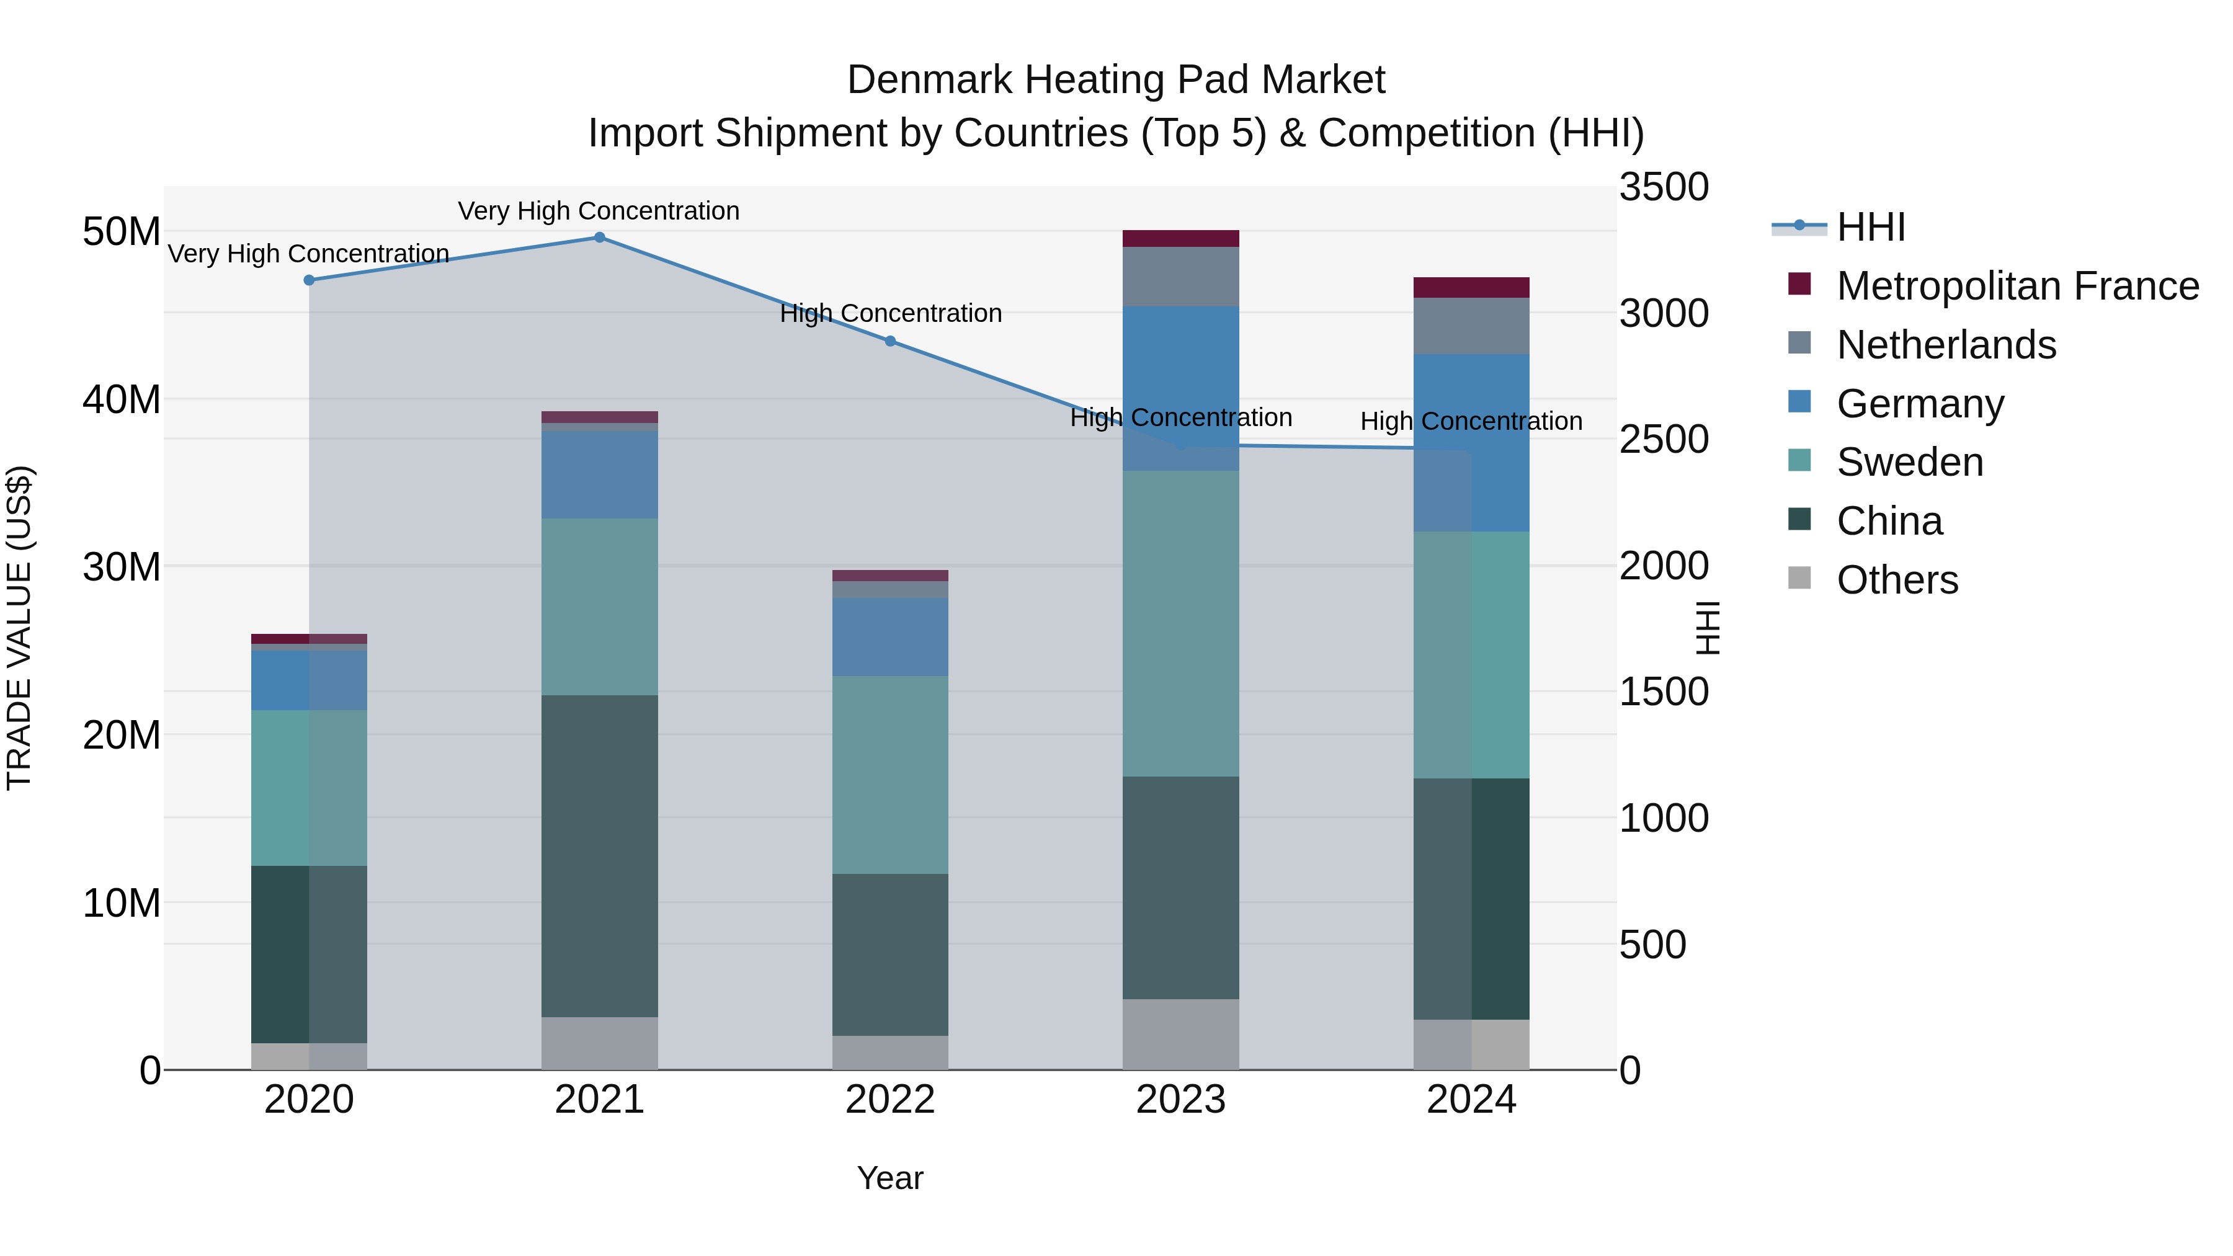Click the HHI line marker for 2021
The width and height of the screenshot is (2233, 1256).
(x=599, y=238)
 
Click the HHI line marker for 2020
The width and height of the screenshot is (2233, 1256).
(x=309, y=280)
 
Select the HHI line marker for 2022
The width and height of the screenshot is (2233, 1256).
(x=889, y=342)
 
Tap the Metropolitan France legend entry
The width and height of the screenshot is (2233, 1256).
(x=2017, y=286)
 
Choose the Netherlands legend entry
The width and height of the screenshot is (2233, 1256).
(x=1945, y=345)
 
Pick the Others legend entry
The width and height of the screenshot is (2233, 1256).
(x=1897, y=580)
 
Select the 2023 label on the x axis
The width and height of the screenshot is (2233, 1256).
(x=1180, y=1100)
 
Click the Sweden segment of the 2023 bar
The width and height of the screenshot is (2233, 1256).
(x=1180, y=623)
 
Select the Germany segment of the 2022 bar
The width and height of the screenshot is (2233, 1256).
(x=889, y=636)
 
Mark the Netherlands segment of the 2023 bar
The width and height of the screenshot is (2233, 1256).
(x=1180, y=277)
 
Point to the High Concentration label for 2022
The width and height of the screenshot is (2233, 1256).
(x=890, y=313)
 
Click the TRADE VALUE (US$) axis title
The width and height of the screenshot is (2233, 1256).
(x=19, y=628)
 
